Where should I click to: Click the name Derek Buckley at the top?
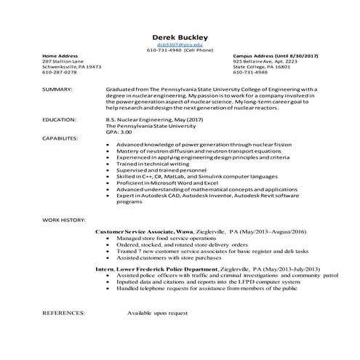coord(180,37)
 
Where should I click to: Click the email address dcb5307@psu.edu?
coord(180,45)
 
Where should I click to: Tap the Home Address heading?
coord(60,55)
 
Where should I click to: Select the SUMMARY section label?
coord(57,89)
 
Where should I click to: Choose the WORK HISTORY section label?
coord(64,219)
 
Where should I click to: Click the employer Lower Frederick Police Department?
coord(169,269)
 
